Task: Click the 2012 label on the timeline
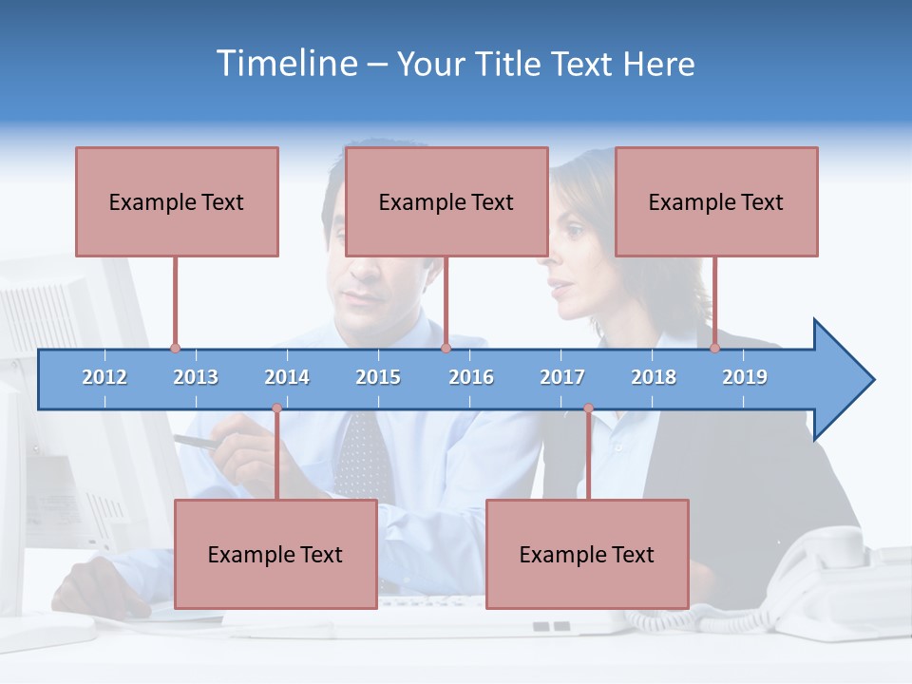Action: (104, 377)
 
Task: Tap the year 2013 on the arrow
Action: (196, 377)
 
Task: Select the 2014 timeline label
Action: (287, 377)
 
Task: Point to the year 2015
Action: (378, 377)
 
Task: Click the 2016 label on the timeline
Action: (471, 377)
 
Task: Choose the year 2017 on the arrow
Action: (562, 377)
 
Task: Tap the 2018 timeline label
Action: (654, 377)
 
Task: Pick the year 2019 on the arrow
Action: (745, 377)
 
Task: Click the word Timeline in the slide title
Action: (285, 64)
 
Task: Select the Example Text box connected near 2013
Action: (177, 201)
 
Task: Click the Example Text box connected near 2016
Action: (446, 201)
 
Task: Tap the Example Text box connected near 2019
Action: (716, 201)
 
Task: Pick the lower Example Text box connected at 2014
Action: (275, 554)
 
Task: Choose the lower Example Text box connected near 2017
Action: (587, 554)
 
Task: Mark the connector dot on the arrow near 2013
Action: (175, 349)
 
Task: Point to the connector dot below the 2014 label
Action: (276, 408)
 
